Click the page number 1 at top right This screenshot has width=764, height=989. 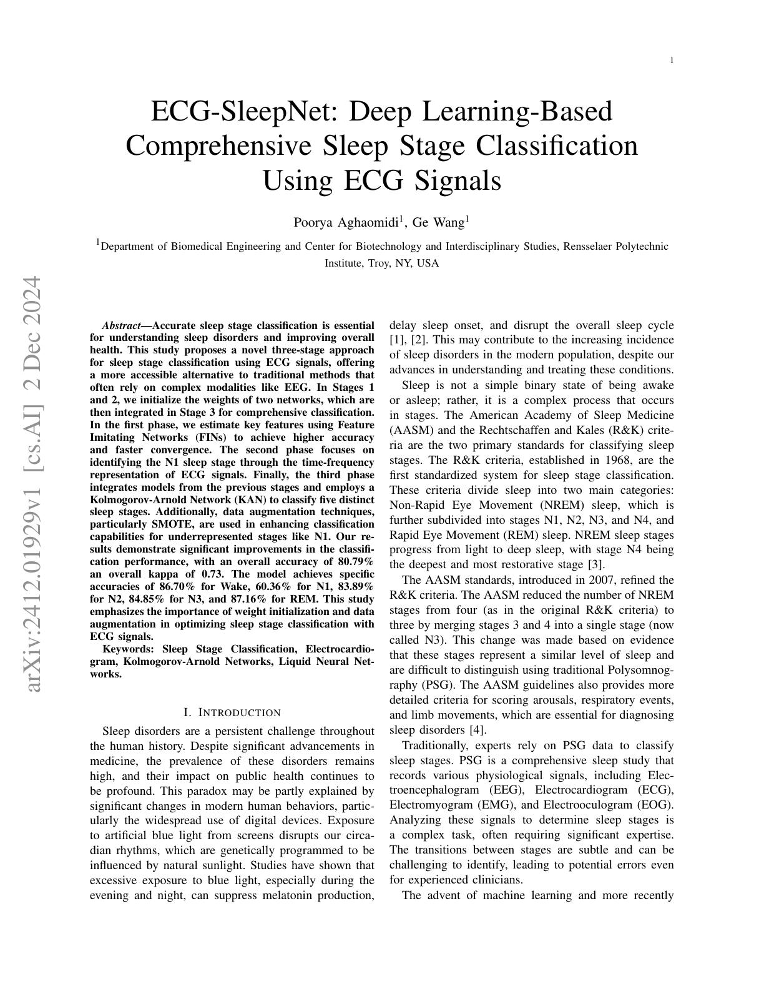click(672, 61)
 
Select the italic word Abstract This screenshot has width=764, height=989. click(122, 325)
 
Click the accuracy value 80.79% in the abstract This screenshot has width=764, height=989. click(356, 561)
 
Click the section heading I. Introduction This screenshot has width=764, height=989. click(232, 712)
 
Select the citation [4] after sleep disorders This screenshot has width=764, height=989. click(477, 730)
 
